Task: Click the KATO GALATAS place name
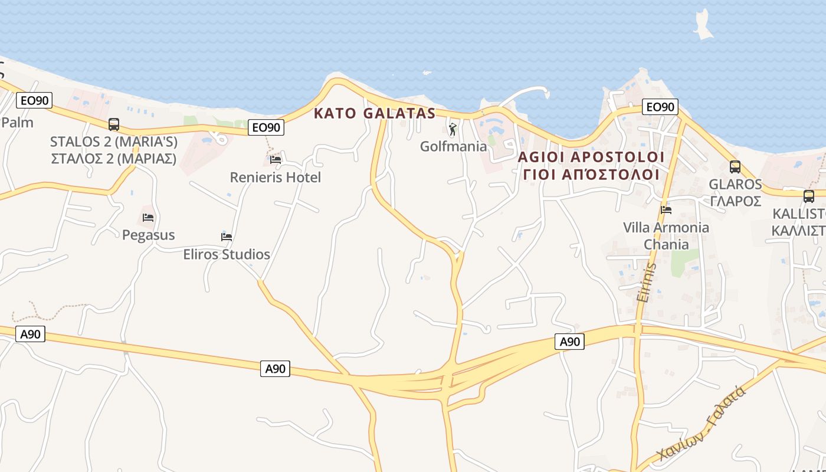click(x=375, y=113)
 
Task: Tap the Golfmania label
click(x=453, y=146)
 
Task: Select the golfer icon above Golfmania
click(x=453, y=129)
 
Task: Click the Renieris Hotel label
click(x=276, y=177)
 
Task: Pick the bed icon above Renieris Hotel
click(x=276, y=159)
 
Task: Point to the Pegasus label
click(x=149, y=235)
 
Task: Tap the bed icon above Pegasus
click(x=148, y=218)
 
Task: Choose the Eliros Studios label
click(x=227, y=254)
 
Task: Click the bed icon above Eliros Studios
click(x=227, y=237)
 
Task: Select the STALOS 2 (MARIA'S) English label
click(x=114, y=142)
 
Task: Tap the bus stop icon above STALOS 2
click(x=114, y=124)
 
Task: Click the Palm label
click(x=17, y=123)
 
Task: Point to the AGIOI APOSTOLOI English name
click(x=591, y=157)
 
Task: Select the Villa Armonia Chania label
click(x=666, y=235)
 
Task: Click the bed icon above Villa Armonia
click(x=666, y=209)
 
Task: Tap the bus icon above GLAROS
click(x=735, y=166)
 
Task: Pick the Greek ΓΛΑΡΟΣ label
click(x=735, y=201)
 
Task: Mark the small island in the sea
click(x=703, y=25)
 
